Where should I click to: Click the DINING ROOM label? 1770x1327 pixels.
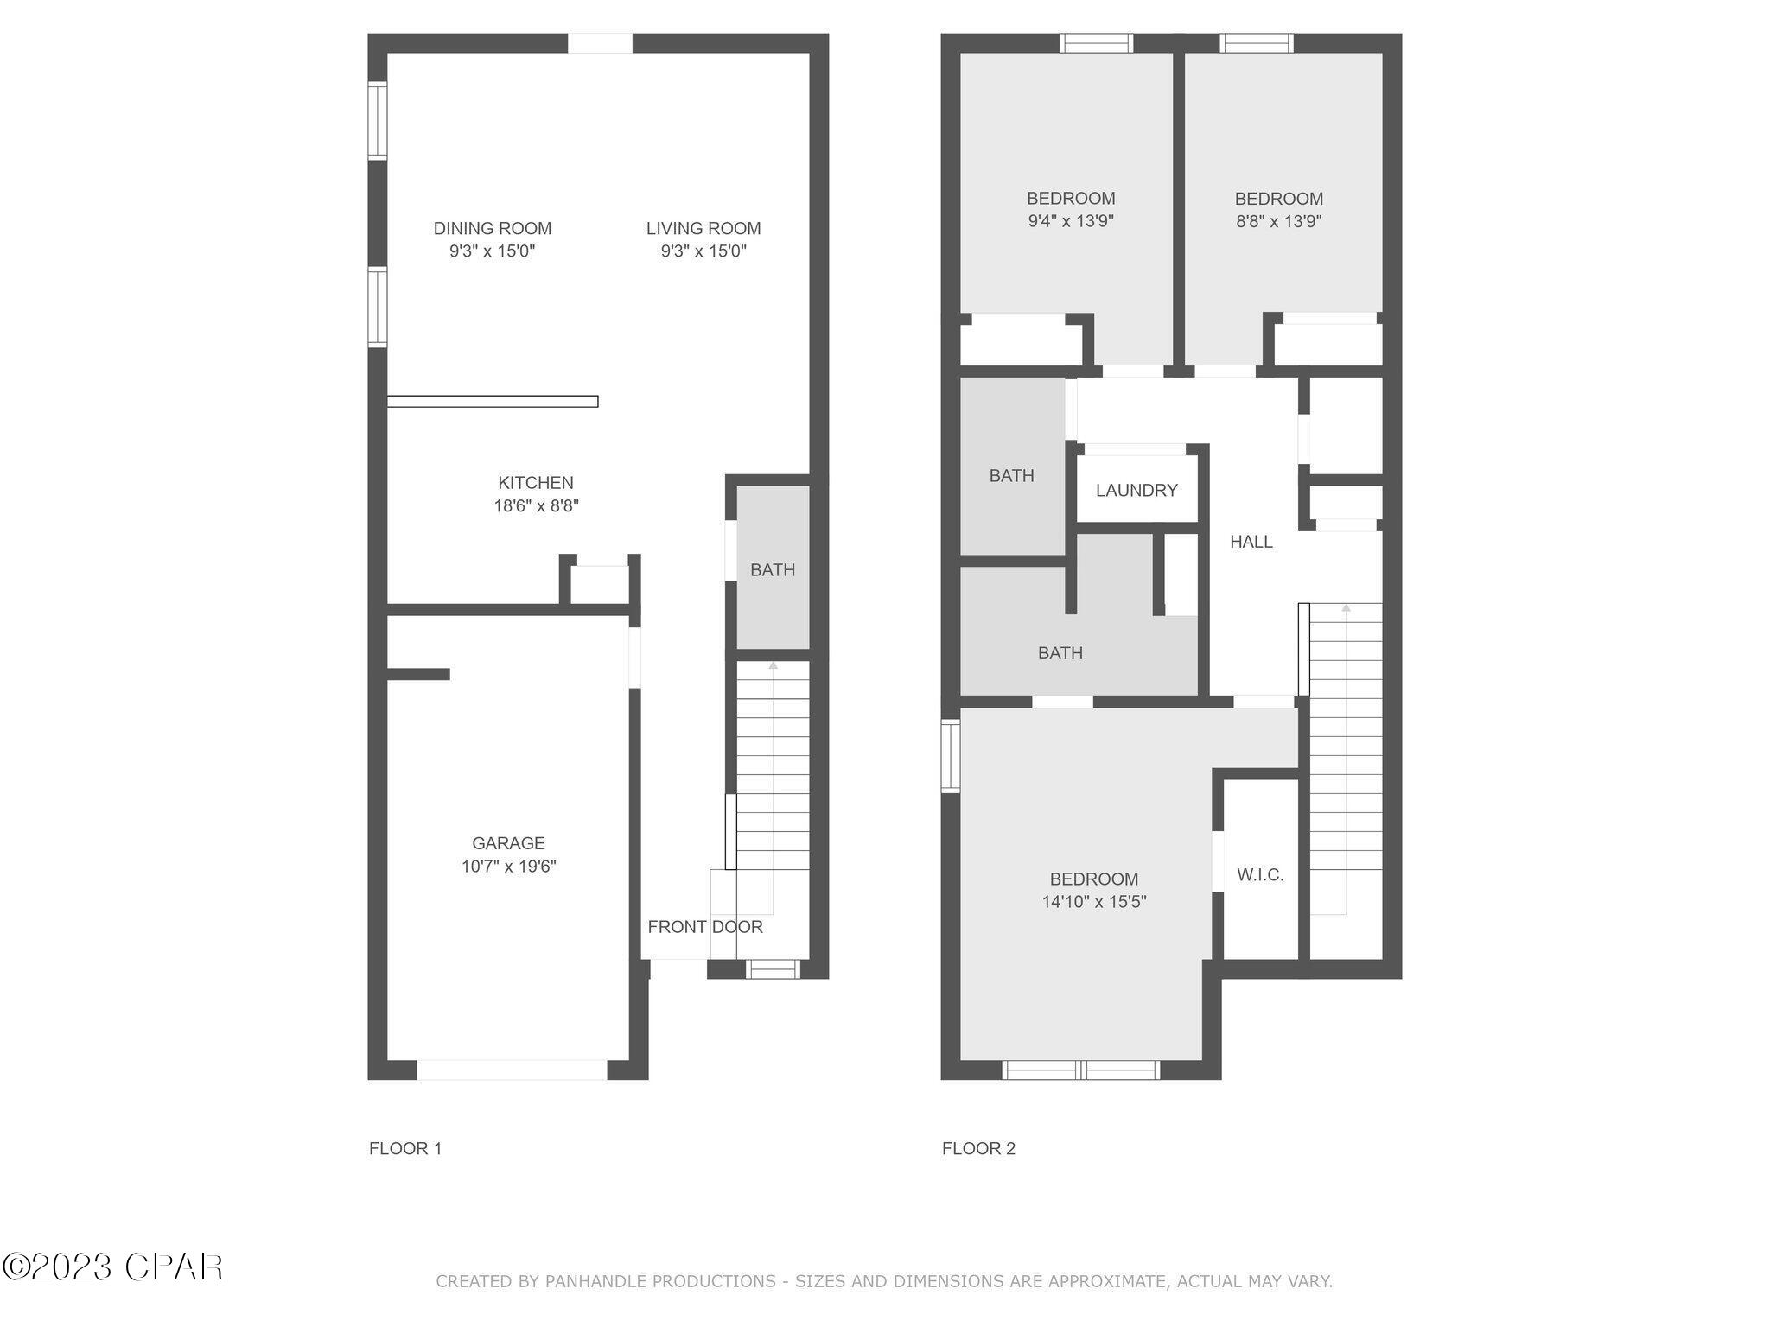(492, 228)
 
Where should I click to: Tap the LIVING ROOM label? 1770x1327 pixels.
(703, 228)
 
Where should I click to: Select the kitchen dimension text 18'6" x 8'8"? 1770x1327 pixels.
(535, 506)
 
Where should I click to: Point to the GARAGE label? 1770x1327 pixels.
(508, 843)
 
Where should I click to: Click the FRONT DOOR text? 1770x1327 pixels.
(704, 927)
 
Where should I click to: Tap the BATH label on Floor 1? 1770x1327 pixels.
(772, 570)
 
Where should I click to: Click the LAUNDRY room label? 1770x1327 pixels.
(1136, 491)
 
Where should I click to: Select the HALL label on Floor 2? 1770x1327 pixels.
(1251, 542)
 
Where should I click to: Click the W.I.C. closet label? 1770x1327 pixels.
(1259, 875)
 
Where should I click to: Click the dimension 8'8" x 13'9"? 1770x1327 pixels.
(1278, 221)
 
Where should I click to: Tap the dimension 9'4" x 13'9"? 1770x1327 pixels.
(1070, 221)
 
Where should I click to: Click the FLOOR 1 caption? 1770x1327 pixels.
(404, 1148)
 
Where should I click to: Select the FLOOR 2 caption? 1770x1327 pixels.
(978, 1148)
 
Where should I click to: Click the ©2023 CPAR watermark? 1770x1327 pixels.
(112, 1267)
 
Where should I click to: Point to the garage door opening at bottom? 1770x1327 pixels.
(512, 1070)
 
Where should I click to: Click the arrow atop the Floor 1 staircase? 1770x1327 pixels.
(773, 665)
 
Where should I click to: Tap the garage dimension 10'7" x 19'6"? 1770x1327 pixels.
(508, 867)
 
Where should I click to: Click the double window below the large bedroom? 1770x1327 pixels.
(1080, 1070)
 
